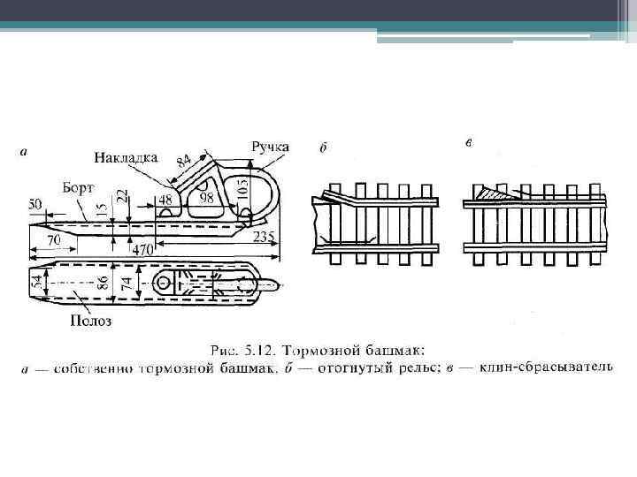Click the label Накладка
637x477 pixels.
coord(126,157)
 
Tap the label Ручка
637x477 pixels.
coord(270,146)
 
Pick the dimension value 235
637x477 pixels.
coord(263,236)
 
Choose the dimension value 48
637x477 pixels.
coord(165,201)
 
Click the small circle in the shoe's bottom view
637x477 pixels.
coord(165,284)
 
